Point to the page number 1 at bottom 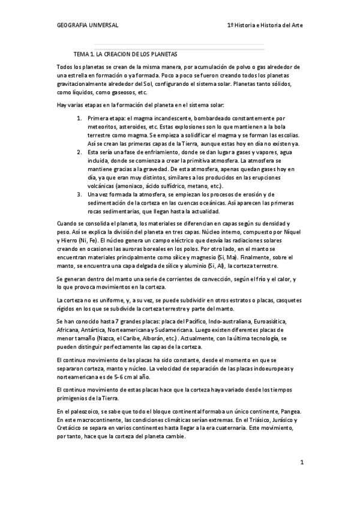302,462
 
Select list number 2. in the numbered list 81,153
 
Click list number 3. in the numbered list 81,194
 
